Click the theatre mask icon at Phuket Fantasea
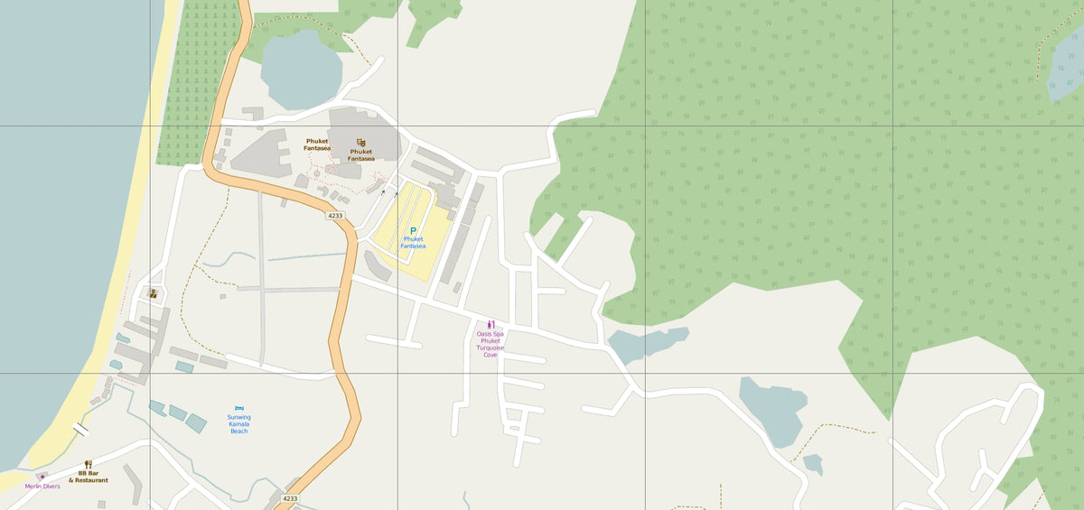click(361, 143)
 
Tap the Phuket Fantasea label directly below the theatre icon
click(361, 155)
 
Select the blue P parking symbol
click(414, 231)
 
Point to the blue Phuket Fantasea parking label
click(413, 243)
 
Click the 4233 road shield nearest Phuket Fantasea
click(335, 216)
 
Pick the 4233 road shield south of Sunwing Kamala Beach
click(290, 498)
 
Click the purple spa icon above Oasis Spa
click(491, 324)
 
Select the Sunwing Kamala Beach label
click(239, 424)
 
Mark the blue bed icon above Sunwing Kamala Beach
click(239, 409)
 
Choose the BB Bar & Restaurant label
click(89, 477)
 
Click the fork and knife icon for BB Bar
click(89, 464)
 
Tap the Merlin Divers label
click(42, 487)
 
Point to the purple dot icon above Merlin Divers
click(41, 477)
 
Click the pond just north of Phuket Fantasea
click(301, 70)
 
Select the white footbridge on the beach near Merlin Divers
click(81, 430)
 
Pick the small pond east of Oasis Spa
click(646, 344)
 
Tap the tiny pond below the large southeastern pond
click(813, 465)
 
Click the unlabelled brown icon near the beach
click(153, 293)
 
